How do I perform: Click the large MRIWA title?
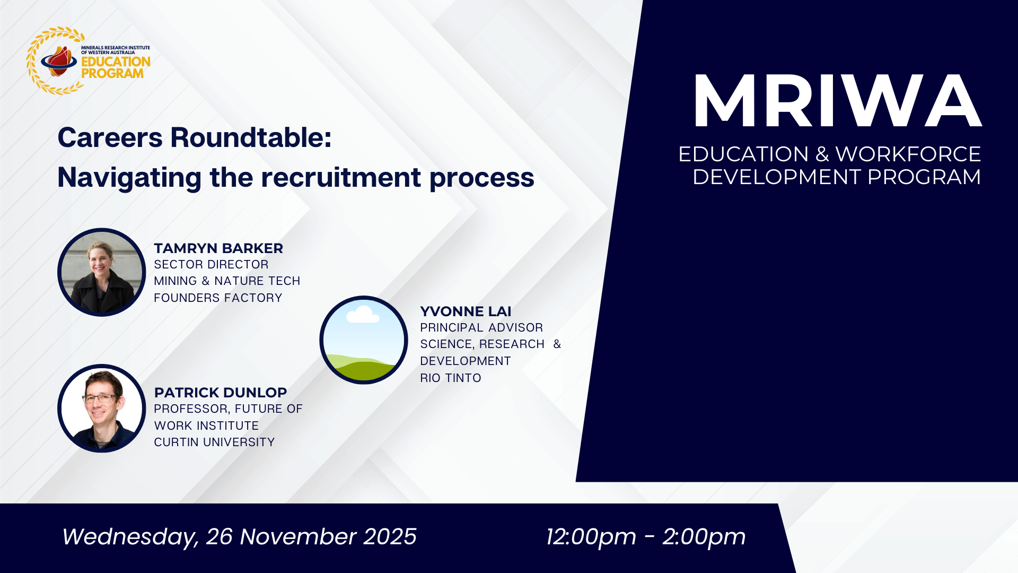coord(837,101)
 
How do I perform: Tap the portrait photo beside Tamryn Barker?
coord(101,272)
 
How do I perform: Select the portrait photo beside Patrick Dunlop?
coord(101,408)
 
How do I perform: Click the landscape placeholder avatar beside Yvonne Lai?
coord(364,340)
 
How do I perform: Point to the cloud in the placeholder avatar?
coord(363,315)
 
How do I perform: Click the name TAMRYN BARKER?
coord(218,248)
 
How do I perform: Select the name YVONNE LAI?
coord(466,311)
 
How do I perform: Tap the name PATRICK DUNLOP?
coord(221,393)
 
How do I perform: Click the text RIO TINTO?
coord(451,378)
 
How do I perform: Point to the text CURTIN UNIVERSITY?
coord(214,442)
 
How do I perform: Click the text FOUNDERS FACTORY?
coord(218,298)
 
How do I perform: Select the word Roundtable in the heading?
coord(251,137)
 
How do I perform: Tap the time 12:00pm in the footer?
coord(591,537)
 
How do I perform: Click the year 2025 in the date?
coord(390,536)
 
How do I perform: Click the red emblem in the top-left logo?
coord(59,61)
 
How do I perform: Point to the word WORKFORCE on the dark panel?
coord(908,154)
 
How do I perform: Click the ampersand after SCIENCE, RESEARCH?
coord(557,344)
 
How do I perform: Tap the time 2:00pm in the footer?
coord(704,537)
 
